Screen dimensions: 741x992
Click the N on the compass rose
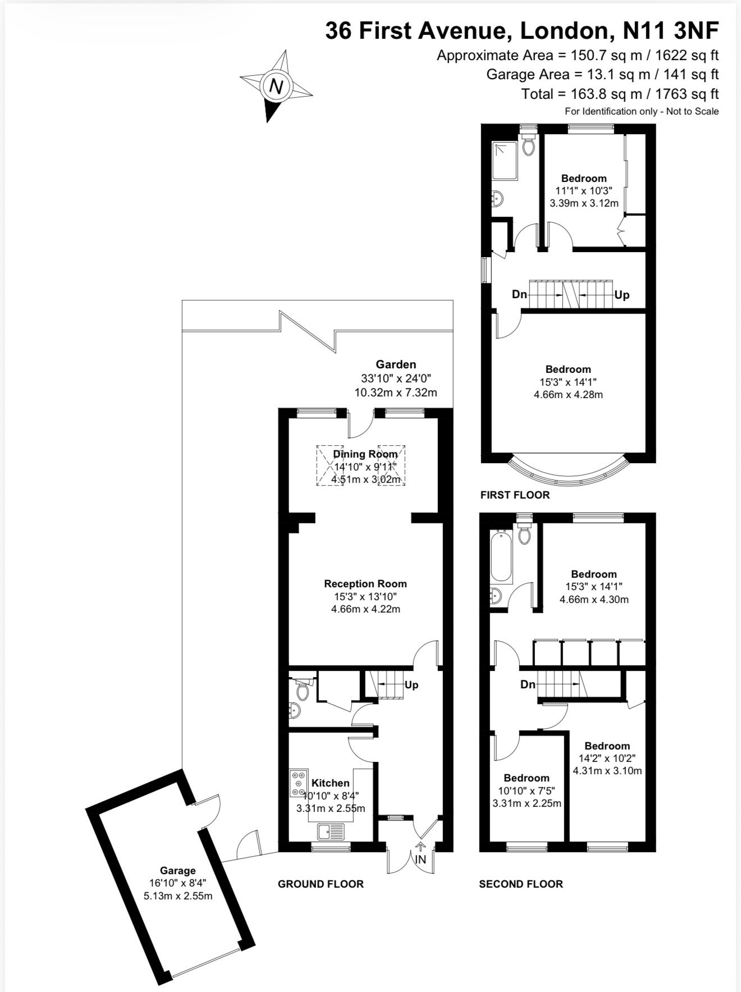(x=276, y=86)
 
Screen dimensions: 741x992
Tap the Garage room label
(x=178, y=870)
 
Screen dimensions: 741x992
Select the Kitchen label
(x=331, y=783)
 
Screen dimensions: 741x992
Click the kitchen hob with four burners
(x=299, y=783)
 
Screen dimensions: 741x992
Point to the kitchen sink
(x=331, y=830)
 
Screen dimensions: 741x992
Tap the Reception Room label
(x=365, y=583)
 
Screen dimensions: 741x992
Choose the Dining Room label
(x=365, y=454)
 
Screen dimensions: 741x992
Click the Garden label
(x=396, y=364)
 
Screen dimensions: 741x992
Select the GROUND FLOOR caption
(x=321, y=884)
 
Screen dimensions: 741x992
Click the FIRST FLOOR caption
(x=515, y=495)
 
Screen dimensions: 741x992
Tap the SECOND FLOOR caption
(x=520, y=884)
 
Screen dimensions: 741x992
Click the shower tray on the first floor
(x=506, y=161)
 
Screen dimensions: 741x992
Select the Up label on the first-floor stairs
(x=622, y=295)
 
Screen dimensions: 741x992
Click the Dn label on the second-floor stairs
(x=528, y=684)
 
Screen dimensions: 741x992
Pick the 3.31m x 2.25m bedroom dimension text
(x=527, y=803)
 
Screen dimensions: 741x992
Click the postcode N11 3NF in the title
(x=671, y=31)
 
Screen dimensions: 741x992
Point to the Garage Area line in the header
(x=602, y=74)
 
